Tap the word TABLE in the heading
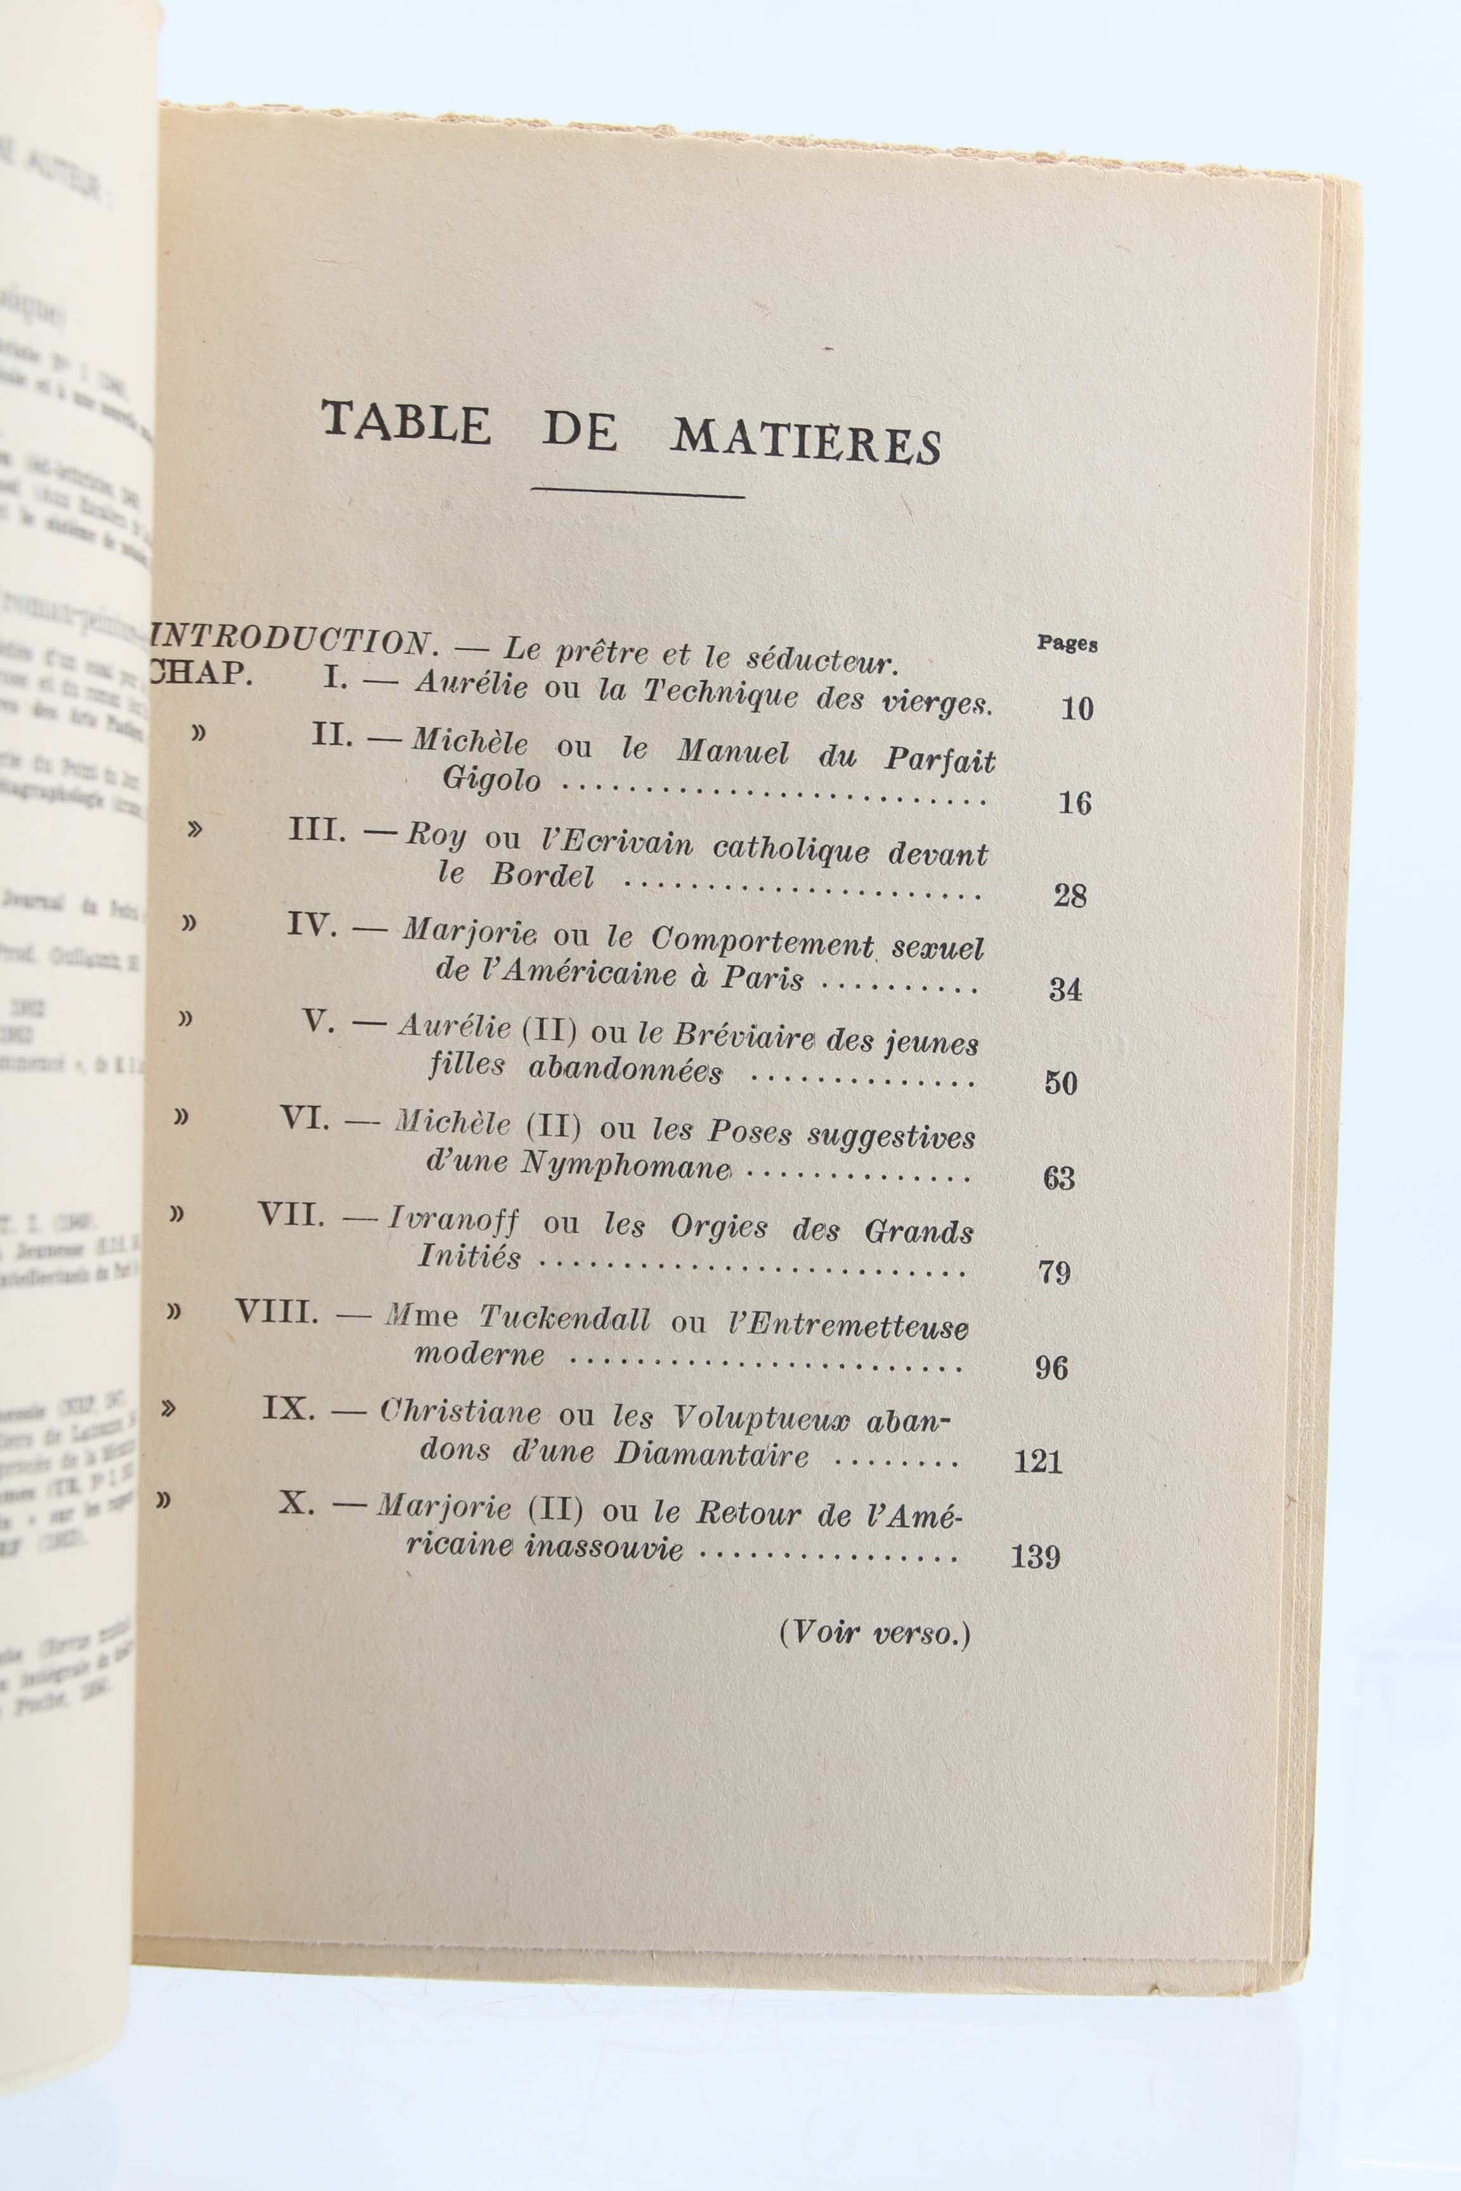tap(406, 424)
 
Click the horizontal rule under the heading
tap(637, 491)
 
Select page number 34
tap(1065, 988)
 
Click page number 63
tap(1058, 1179)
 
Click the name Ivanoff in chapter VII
tap(453, 1218)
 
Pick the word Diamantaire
tap(711, 1454)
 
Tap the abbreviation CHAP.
tap(201, 673)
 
